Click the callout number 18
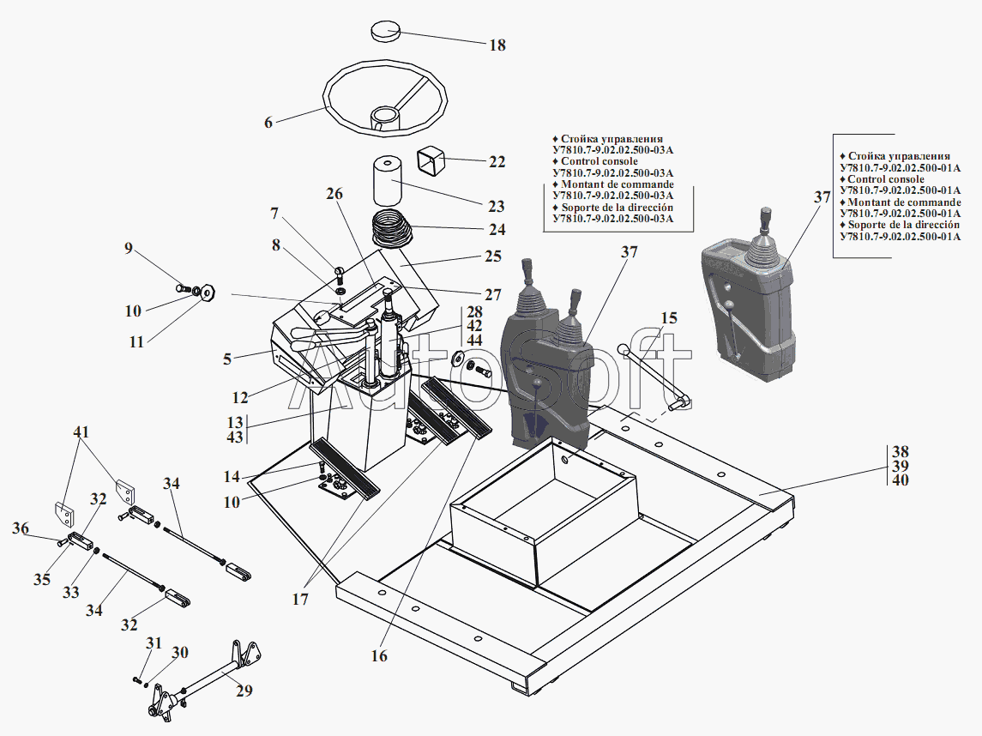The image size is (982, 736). click(497, 45)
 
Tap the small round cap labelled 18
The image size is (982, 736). click(386, 32)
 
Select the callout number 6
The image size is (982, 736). click(268, 123)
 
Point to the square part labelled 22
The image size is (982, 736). click(432, 160)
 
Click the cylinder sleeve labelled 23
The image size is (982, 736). click(390, 182)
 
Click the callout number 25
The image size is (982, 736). click(492, 256)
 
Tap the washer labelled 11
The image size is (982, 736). click(208, 293)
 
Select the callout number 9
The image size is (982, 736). click(129, 250)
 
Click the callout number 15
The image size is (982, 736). click(669, 318)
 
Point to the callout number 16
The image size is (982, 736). click(379, 656)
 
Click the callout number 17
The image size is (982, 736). click(299, 600)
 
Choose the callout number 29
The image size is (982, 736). click(244, 690)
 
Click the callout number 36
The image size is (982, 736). click(21, 529)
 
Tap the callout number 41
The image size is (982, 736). click(81, 432)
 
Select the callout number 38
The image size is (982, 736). click(900, 451)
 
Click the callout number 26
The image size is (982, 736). click(334, 195)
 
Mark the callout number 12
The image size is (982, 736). click(240, 398)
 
